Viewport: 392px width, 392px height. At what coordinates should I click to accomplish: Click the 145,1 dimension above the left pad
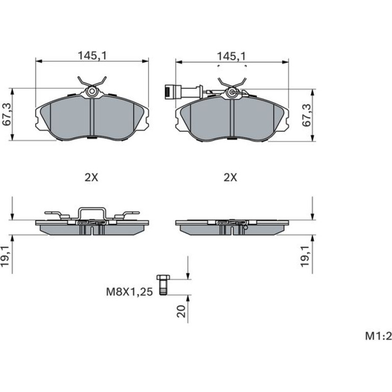pyautogui.click(x=92, y=55)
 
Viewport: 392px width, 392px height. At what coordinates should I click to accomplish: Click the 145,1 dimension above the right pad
pyautogui.click(x=231, y=56)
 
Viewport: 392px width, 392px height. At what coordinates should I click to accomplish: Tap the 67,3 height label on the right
pyautogui.click(x=306, y=115)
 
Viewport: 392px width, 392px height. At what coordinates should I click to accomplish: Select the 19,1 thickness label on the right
pyautogui.click(x=305, y=256)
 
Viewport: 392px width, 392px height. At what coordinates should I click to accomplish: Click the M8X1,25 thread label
pyautogui.click(x=129, y=292)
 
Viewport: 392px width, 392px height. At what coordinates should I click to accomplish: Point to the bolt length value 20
pyautogui.click(x=182, y=311)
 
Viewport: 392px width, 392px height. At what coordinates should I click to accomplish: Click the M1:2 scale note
pyautogui.click(x=378, y=336)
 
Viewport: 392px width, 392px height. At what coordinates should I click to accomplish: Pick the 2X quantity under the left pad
pyautogui.click(x=91, y=178)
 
